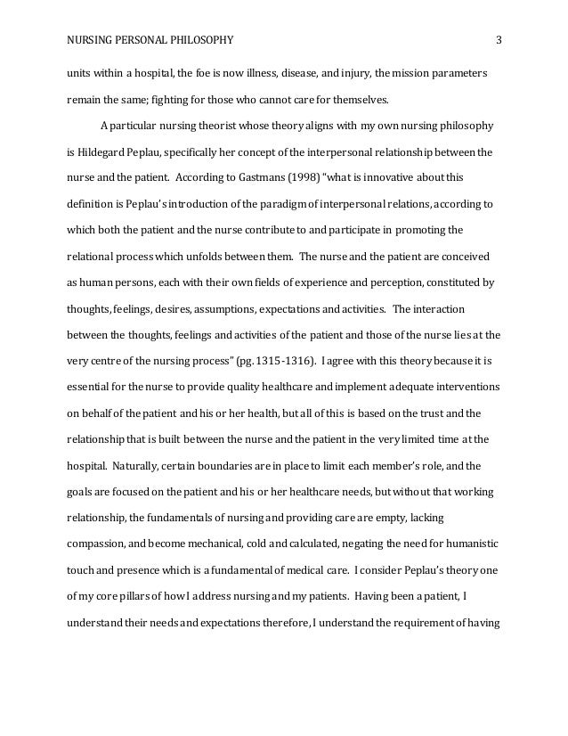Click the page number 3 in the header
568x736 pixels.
[x=499, y=39]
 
